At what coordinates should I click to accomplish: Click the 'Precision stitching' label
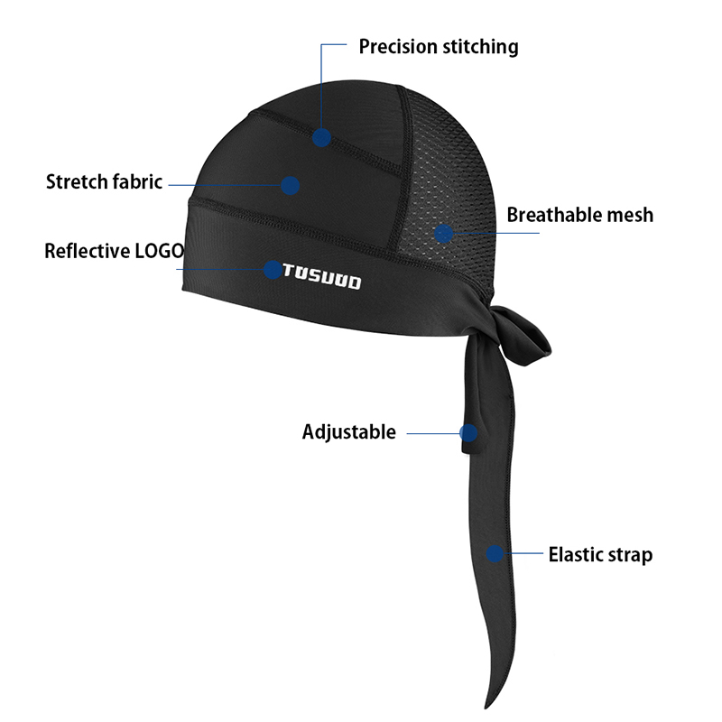tap(439, 46)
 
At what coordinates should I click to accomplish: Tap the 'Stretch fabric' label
tap(104, 181)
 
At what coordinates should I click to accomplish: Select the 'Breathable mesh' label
tap(579, 215)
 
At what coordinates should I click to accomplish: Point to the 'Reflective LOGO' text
tap(114, 251)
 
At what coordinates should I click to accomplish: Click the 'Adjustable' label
tap(348, 431)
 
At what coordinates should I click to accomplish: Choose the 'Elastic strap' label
tap(600, 554)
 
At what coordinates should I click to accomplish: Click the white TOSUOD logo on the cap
tap(322, 276)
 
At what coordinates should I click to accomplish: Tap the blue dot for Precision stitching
tap(322, 138)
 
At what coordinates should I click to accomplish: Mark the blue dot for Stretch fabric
tap(290, 185)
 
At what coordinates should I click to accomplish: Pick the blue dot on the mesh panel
tap(443, 234)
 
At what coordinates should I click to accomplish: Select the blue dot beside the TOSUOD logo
tap(272, 269)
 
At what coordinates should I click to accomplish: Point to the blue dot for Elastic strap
tap(495, 553)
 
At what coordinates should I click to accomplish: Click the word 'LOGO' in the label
tap(159, 251)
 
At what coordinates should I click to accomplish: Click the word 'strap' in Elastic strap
tap(628, 554)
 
